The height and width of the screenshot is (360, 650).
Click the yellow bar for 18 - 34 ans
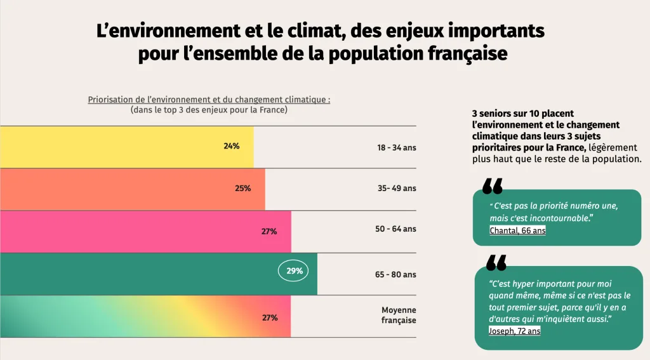[x=127, y=147]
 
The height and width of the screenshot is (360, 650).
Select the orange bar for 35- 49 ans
[x=132, y=189]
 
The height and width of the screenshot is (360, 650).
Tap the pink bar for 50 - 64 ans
[x=145, y=232]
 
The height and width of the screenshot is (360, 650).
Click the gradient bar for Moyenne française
[x=145, y=317]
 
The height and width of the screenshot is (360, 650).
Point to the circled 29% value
[x=294, y=271]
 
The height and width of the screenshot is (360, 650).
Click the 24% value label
[x=232, y=146]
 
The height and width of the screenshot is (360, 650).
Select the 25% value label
[x=243, y=189]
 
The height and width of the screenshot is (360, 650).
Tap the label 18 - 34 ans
[x=397, y=148]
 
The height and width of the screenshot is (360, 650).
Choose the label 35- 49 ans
[x=397, y=189]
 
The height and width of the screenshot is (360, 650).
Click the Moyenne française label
[x=399, y=316]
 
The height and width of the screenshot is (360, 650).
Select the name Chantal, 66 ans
[x=517, y=231]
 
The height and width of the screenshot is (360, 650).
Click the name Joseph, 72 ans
[x=514, y=331]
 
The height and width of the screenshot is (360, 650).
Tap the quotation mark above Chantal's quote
[x=492, y=186]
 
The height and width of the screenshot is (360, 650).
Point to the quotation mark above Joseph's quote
[x=496, y=263]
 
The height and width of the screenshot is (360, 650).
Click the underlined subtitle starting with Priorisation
[x=209, y=100]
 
